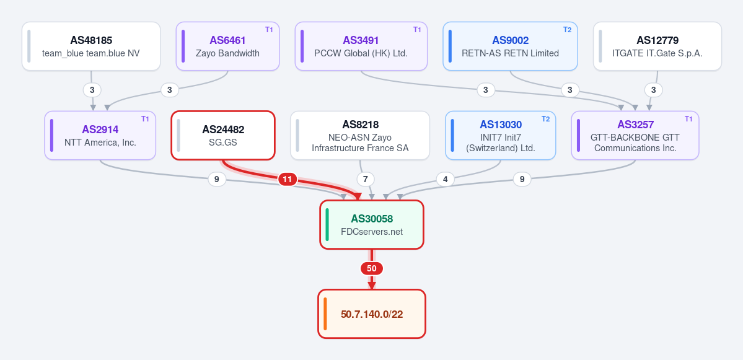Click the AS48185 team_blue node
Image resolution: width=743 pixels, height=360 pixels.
(91, 46)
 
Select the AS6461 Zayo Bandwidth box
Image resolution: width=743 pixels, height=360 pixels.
(227, 46)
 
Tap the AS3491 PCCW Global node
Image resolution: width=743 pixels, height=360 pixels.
(361, 46)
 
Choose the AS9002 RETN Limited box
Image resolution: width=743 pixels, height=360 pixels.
(511, 46)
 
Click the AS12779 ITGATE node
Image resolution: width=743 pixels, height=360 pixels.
(657, 46)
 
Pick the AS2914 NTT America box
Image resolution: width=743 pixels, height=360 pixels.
(100, 135)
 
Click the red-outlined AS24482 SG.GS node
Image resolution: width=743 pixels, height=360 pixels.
(222, 135)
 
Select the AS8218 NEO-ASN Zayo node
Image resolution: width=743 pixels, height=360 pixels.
(360, 135)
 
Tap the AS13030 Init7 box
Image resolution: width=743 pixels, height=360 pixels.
(500, 135)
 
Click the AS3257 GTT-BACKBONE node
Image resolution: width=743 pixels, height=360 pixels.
(635, 135)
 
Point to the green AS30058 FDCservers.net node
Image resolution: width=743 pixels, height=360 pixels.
(372, 224)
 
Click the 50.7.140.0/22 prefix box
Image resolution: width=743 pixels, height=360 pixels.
(372, 314)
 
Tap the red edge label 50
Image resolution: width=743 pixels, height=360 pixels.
(372, 268)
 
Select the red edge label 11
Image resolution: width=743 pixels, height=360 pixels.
(287, 180)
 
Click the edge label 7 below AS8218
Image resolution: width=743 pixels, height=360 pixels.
(366, 180)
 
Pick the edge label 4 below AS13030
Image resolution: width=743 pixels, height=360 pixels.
(445, 180)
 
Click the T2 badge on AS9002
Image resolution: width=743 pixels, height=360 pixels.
(567, 29)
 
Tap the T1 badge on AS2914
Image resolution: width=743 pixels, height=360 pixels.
(145, 119)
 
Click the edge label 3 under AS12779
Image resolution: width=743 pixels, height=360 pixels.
(653, 90)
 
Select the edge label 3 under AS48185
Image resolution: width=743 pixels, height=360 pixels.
(92, 90)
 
